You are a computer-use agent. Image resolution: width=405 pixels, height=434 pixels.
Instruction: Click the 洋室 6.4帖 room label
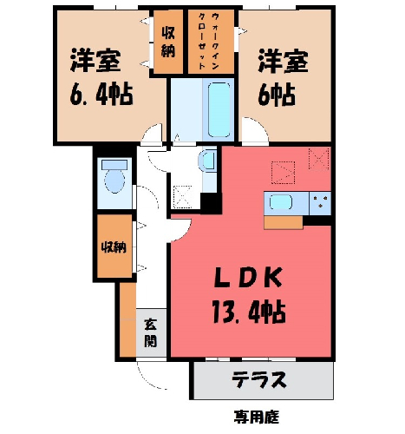101,77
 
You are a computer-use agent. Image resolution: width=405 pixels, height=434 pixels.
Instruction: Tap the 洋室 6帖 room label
283,77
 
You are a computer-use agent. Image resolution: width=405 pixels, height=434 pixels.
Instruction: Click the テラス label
259,379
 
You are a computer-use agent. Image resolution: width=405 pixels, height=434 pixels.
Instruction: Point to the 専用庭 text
256,417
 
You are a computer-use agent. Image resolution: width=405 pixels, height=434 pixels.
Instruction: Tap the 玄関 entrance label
151,332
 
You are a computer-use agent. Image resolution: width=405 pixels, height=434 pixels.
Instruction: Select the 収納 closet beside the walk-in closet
168,42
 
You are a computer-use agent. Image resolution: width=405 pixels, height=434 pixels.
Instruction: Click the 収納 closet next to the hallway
114,247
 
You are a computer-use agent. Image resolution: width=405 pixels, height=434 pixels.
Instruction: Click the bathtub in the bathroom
219,109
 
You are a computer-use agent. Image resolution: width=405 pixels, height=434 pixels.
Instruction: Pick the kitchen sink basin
281,201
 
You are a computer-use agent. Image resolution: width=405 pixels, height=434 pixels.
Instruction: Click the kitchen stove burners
320,202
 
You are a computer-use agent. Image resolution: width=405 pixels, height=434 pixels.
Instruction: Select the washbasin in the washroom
207,161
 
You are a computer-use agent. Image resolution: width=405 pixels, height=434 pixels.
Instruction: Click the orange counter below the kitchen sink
284,222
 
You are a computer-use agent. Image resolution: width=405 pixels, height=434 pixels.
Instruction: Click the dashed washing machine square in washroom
182,197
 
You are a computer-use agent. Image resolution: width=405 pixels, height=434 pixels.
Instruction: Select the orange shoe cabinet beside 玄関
127,319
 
